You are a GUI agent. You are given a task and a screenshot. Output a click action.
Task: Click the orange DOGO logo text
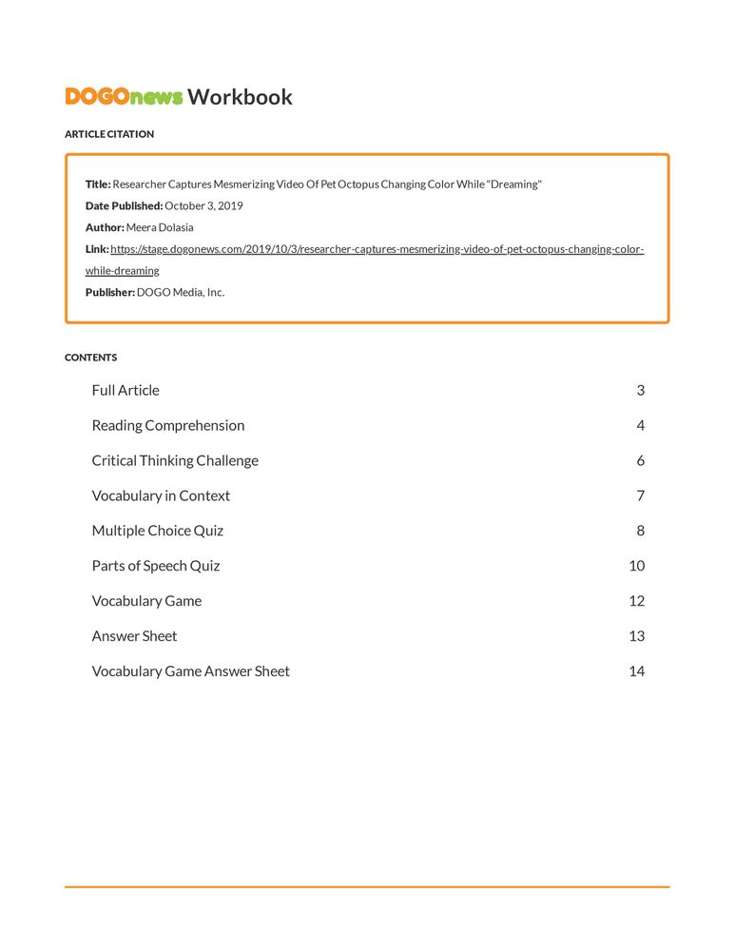pyautogui.click(x=97, y=96)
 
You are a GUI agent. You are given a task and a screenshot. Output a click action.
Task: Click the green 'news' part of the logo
pyautogui.click(x=156, y=97)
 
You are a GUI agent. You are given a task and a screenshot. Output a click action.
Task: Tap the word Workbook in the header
pyautogui.click(x=240, y=96)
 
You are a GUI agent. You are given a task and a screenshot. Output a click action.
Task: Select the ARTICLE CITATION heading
pyautogui.click(x=109, y=134)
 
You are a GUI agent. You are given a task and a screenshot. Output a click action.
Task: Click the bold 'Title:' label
pyautogui.click(x=98, y=184)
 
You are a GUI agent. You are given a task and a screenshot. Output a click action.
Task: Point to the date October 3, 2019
pyautogui.click(x=203, y=206)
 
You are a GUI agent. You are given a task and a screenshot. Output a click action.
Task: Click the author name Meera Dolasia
pyautogui.click(x=160, y=228)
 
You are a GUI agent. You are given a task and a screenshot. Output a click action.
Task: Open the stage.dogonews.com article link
pyautogui.click(x=377, y=250)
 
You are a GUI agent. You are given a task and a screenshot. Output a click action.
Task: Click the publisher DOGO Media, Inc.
pyautogui.click(x=181, y=293)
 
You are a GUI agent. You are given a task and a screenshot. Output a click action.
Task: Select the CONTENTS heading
pyautogui.click(x=91, y=358)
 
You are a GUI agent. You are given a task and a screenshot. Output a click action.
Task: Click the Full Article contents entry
pyautogui.click(x=126, y=390)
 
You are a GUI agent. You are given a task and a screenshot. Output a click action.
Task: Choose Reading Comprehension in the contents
pyautogui.click(x=168, y=425)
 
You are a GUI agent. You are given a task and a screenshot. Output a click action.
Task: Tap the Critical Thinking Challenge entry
pyautogui.click(x=175, y=460)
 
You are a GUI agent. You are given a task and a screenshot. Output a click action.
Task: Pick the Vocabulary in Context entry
pyautogui.click(x=161, y=495)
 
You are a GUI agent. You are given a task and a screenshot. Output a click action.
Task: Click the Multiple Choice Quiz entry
pyautogui.click(x=158, y=531)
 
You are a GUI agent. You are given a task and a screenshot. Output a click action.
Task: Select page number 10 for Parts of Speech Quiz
pyautogui.click(x=636, y=566)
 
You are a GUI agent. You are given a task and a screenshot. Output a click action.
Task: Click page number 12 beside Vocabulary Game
pyautogui.click(x=636, y=601)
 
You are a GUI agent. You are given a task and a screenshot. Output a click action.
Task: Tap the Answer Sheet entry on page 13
pyautogui.click(x=134, y=636)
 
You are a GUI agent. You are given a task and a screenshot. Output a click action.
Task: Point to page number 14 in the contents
pyautogui.click(x=636, y=671)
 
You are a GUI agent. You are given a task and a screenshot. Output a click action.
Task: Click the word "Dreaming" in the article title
pyautogui.click(x=514, y=184)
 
